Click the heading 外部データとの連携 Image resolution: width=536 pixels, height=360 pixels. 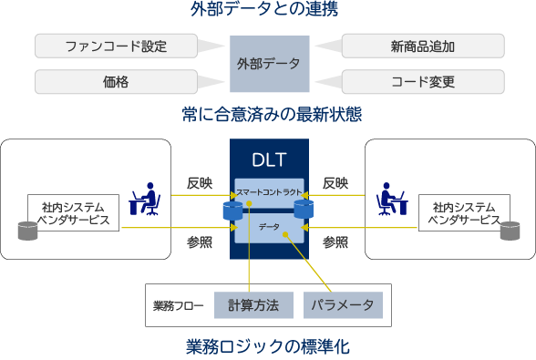[x=267, y=11]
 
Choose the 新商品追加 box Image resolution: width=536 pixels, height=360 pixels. [x=422, y=46]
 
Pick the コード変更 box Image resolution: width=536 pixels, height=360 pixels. [x=422, y=82]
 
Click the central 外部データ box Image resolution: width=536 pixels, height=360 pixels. [x=268, y=64]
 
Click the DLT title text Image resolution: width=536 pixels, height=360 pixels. [x=268, y=160]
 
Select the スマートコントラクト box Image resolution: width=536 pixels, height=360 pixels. [x=268, y=190]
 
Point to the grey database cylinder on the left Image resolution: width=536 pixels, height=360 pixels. [x=27, y=230]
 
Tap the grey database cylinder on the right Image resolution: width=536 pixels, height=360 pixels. [x=509, y=230]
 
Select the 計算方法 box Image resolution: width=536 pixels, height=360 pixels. [x=253, y=304]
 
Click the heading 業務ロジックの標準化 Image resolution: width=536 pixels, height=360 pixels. [x=267, y=346]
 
